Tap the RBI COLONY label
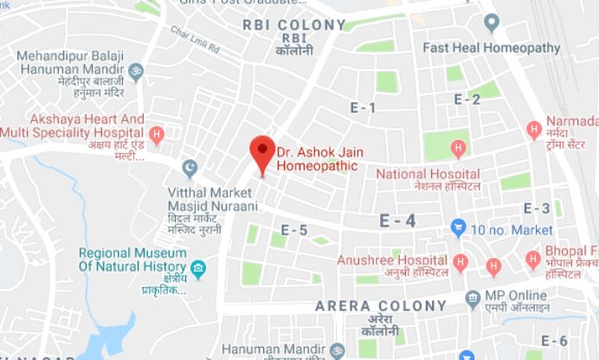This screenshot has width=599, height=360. (x=285, y=25)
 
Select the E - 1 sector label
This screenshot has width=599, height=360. (x=362, y=108)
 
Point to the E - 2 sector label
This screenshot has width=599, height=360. (x=467, y=100)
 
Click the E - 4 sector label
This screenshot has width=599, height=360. (x=398, y=221)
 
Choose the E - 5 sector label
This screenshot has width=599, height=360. (x=294, y=230)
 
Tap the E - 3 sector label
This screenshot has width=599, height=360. (x=537, y=209)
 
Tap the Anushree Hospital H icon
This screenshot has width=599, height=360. (x=461, y=260)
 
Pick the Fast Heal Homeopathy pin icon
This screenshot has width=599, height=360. (x=493, y=22)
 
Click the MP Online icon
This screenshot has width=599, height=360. (x=473, y=299)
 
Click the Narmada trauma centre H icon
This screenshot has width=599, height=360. (x=534, y=131)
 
